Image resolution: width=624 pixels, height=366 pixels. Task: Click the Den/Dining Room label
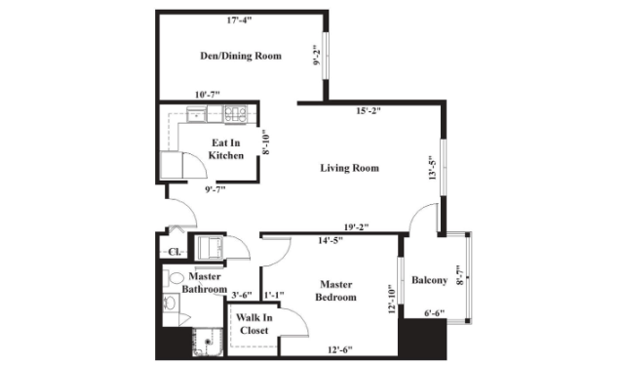pos(241,56)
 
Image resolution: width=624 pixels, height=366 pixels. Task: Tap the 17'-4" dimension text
pos(240,20)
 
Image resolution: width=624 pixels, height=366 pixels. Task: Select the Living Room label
pos(349,168)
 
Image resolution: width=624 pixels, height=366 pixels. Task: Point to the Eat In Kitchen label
pos(225,149)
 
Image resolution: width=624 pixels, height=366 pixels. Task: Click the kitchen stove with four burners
pos(236,114)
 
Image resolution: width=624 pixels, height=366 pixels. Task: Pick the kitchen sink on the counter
pos(197,115)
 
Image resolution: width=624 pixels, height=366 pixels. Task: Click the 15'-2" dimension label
pos(369,111)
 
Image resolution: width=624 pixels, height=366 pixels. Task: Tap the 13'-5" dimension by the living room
pos(433,168)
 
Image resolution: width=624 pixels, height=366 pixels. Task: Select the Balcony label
pos(429,280)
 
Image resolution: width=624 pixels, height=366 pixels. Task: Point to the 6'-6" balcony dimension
pos(434,313)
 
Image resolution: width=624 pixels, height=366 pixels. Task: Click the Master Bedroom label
pos(335,291)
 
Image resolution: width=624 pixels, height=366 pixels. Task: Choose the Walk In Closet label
pos(253,324)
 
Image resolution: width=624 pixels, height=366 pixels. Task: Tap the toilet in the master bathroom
pos(173,278)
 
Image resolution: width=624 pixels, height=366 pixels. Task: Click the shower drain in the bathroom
pos(208,342)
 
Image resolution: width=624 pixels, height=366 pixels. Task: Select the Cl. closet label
pos(175,252)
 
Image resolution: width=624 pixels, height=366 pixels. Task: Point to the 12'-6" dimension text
pos(340,350)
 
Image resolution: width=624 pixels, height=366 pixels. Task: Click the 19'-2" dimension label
pos(356,227)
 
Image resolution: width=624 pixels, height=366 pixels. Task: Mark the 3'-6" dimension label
pos(242,295)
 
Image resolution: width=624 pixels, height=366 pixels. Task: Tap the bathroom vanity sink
pos(171,303)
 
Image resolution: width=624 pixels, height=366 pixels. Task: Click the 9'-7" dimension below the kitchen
pos(215,189)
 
